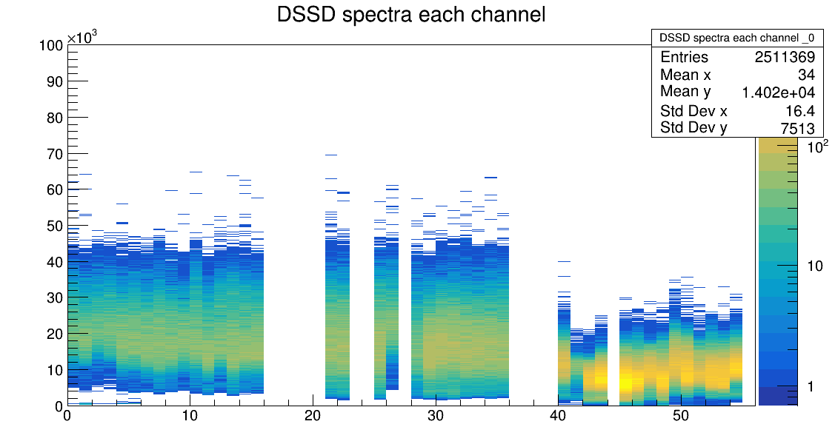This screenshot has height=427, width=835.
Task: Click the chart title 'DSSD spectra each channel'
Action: click(x=411, y=15)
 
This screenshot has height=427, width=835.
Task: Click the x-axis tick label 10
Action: click(x=190, y=417)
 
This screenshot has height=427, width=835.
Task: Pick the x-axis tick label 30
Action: click(x=436, y=417)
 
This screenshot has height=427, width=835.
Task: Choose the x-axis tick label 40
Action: click(x=558, y=417)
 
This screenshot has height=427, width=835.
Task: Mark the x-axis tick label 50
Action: click(x=681, y=417)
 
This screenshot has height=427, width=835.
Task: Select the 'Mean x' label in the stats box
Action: click(x=685, y=75)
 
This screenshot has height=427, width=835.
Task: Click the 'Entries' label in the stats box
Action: click(x=684, y=58)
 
